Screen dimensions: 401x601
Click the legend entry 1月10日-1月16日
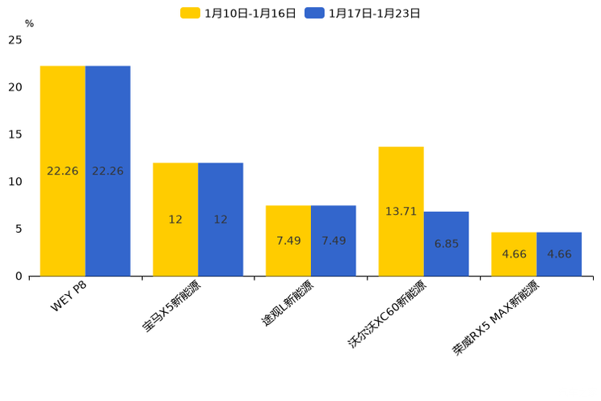pyautogui.click(x=239, y=13)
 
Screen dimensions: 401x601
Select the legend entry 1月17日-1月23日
pyautogui.click(x=364, y=13)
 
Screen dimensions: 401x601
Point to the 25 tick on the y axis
pyautogui.click(x=15, y=40)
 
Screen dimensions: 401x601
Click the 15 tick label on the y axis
pyautogui.click(x=15, y=134)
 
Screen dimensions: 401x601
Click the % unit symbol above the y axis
pyautogui.click(x=29, y=23)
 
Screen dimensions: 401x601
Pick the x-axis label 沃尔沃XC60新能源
pyautogui.click(x=388, y=315)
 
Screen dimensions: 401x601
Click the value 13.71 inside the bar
pyautogui.click(x=401, y=212)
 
